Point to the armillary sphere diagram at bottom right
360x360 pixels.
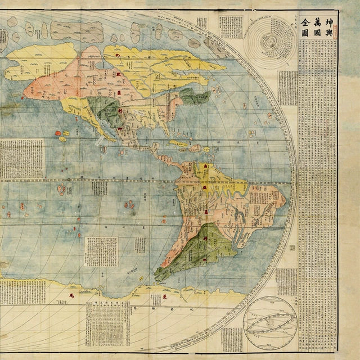[269, 321]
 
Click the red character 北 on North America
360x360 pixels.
[119, 56]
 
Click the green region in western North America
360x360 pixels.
[103, 109]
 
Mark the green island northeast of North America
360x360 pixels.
[195, 97]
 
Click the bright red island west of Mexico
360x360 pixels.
[58, 133]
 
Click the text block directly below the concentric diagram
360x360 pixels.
[287, 88]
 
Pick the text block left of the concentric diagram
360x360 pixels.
[230, 26]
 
